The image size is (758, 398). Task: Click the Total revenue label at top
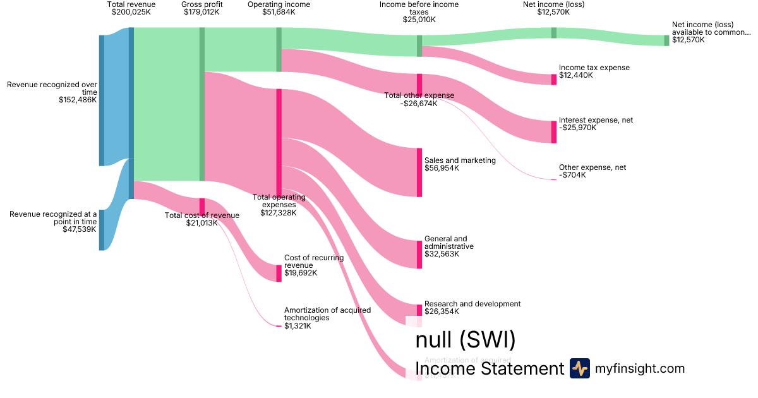click(x=131, y=4)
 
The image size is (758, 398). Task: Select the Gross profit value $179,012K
click(x=202, y=12)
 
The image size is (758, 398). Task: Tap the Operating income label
click(x=279, y=4)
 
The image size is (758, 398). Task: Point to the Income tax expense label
click(x=594, y=68)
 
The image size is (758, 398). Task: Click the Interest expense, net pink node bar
click(x=554, y=131)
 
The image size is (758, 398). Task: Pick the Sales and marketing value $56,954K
click(x=442, y=169)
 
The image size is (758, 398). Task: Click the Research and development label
click(x=472, y=304)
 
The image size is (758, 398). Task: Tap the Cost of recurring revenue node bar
click(x=279, y=273)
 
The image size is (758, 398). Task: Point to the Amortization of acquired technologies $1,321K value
click(x=298, y=326)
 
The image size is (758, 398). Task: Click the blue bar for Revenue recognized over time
click(x=101, y=100)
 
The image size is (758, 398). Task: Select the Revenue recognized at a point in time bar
click(x=101, y=230)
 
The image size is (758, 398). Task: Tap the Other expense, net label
click(x=593, y=167)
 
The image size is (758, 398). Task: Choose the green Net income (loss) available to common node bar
click(x=666, y=40)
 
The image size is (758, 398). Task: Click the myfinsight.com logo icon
click(x=579, y=368)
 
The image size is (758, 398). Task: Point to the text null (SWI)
click(x=466, y=340)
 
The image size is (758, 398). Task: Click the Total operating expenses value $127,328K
click(x=279, y=213)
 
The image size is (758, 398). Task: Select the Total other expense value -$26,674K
click(x=419, y=104)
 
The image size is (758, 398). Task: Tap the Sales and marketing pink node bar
click(x=419, y=172)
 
